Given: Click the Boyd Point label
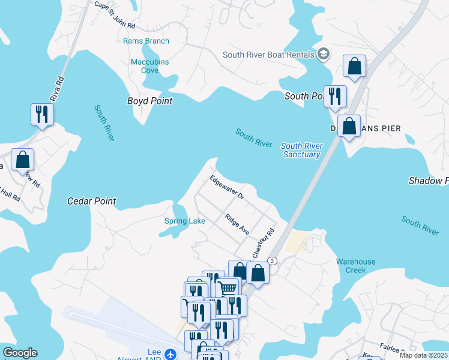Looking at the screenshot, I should pos(149,101).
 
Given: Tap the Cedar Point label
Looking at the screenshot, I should pos(91,201).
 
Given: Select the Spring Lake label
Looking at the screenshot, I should pos(185,221).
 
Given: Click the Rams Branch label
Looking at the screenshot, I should pos(146,41).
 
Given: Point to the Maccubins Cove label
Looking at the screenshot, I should pos(149,66).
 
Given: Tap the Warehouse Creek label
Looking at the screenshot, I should pos(355,266).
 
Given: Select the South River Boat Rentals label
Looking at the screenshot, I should pos(268,55).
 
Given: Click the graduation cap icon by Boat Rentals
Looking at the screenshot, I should pos(324,55).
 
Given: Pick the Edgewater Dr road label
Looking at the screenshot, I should pos(227,188).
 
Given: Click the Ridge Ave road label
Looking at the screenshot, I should pos(237,224).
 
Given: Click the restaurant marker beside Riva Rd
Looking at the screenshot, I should pos(42,114).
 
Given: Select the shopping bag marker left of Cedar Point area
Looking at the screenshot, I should pos(23,160).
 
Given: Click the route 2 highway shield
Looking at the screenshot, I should pos(273,260).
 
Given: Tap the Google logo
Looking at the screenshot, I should pos(20,353).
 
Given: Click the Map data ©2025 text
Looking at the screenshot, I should pos(423,355).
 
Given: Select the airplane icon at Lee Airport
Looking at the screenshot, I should pos(170,353).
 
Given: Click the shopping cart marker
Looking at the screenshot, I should pos(227,288).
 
